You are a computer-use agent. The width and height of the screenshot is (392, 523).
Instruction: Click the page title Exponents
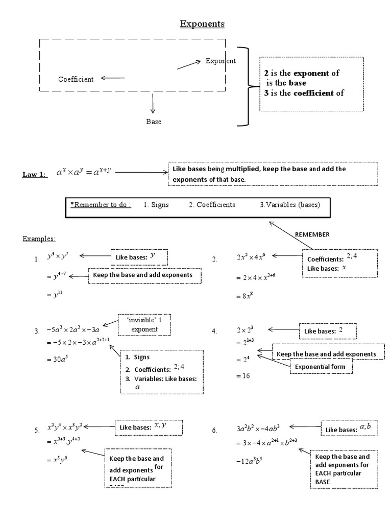pyautogui.click(x=202, y=24)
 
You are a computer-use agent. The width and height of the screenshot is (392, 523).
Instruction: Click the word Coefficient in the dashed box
pyautogui.click(x=76, y=79)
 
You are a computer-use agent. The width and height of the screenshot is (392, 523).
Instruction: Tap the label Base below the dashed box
pyautogui.click(x=154, y=122)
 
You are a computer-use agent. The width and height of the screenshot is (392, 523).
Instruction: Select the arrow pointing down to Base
pyautogui.click(x=153, y=104)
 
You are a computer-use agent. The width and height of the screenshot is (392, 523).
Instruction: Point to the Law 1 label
pyautogui.click(x=34, y=175)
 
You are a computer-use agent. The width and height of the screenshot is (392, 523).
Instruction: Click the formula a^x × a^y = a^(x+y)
pyautogui.click(x=85, y=174)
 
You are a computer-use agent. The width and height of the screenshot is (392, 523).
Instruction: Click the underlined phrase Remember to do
pyautogui.click(x=101, y=205)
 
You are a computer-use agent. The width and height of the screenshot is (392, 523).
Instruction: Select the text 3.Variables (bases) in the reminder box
pyautogui.click(x=290, y=205)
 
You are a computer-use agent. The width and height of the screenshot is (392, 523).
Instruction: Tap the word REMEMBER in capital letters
pyautogui.click(x=312, y=234)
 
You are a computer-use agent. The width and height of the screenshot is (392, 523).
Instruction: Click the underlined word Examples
pyautogui.click(x=39, y=239)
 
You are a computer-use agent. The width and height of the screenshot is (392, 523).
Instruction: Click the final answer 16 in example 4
pyautogui.click(x=240, y=375)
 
